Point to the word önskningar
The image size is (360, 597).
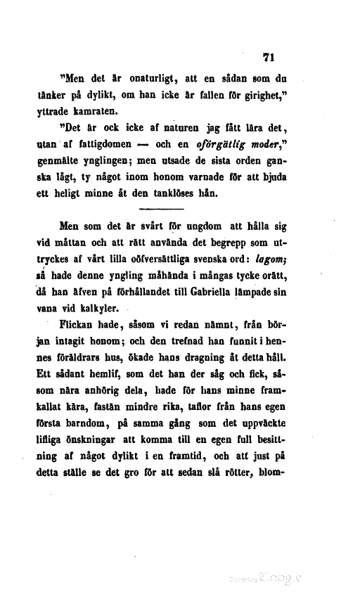[x=120, y=436]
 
